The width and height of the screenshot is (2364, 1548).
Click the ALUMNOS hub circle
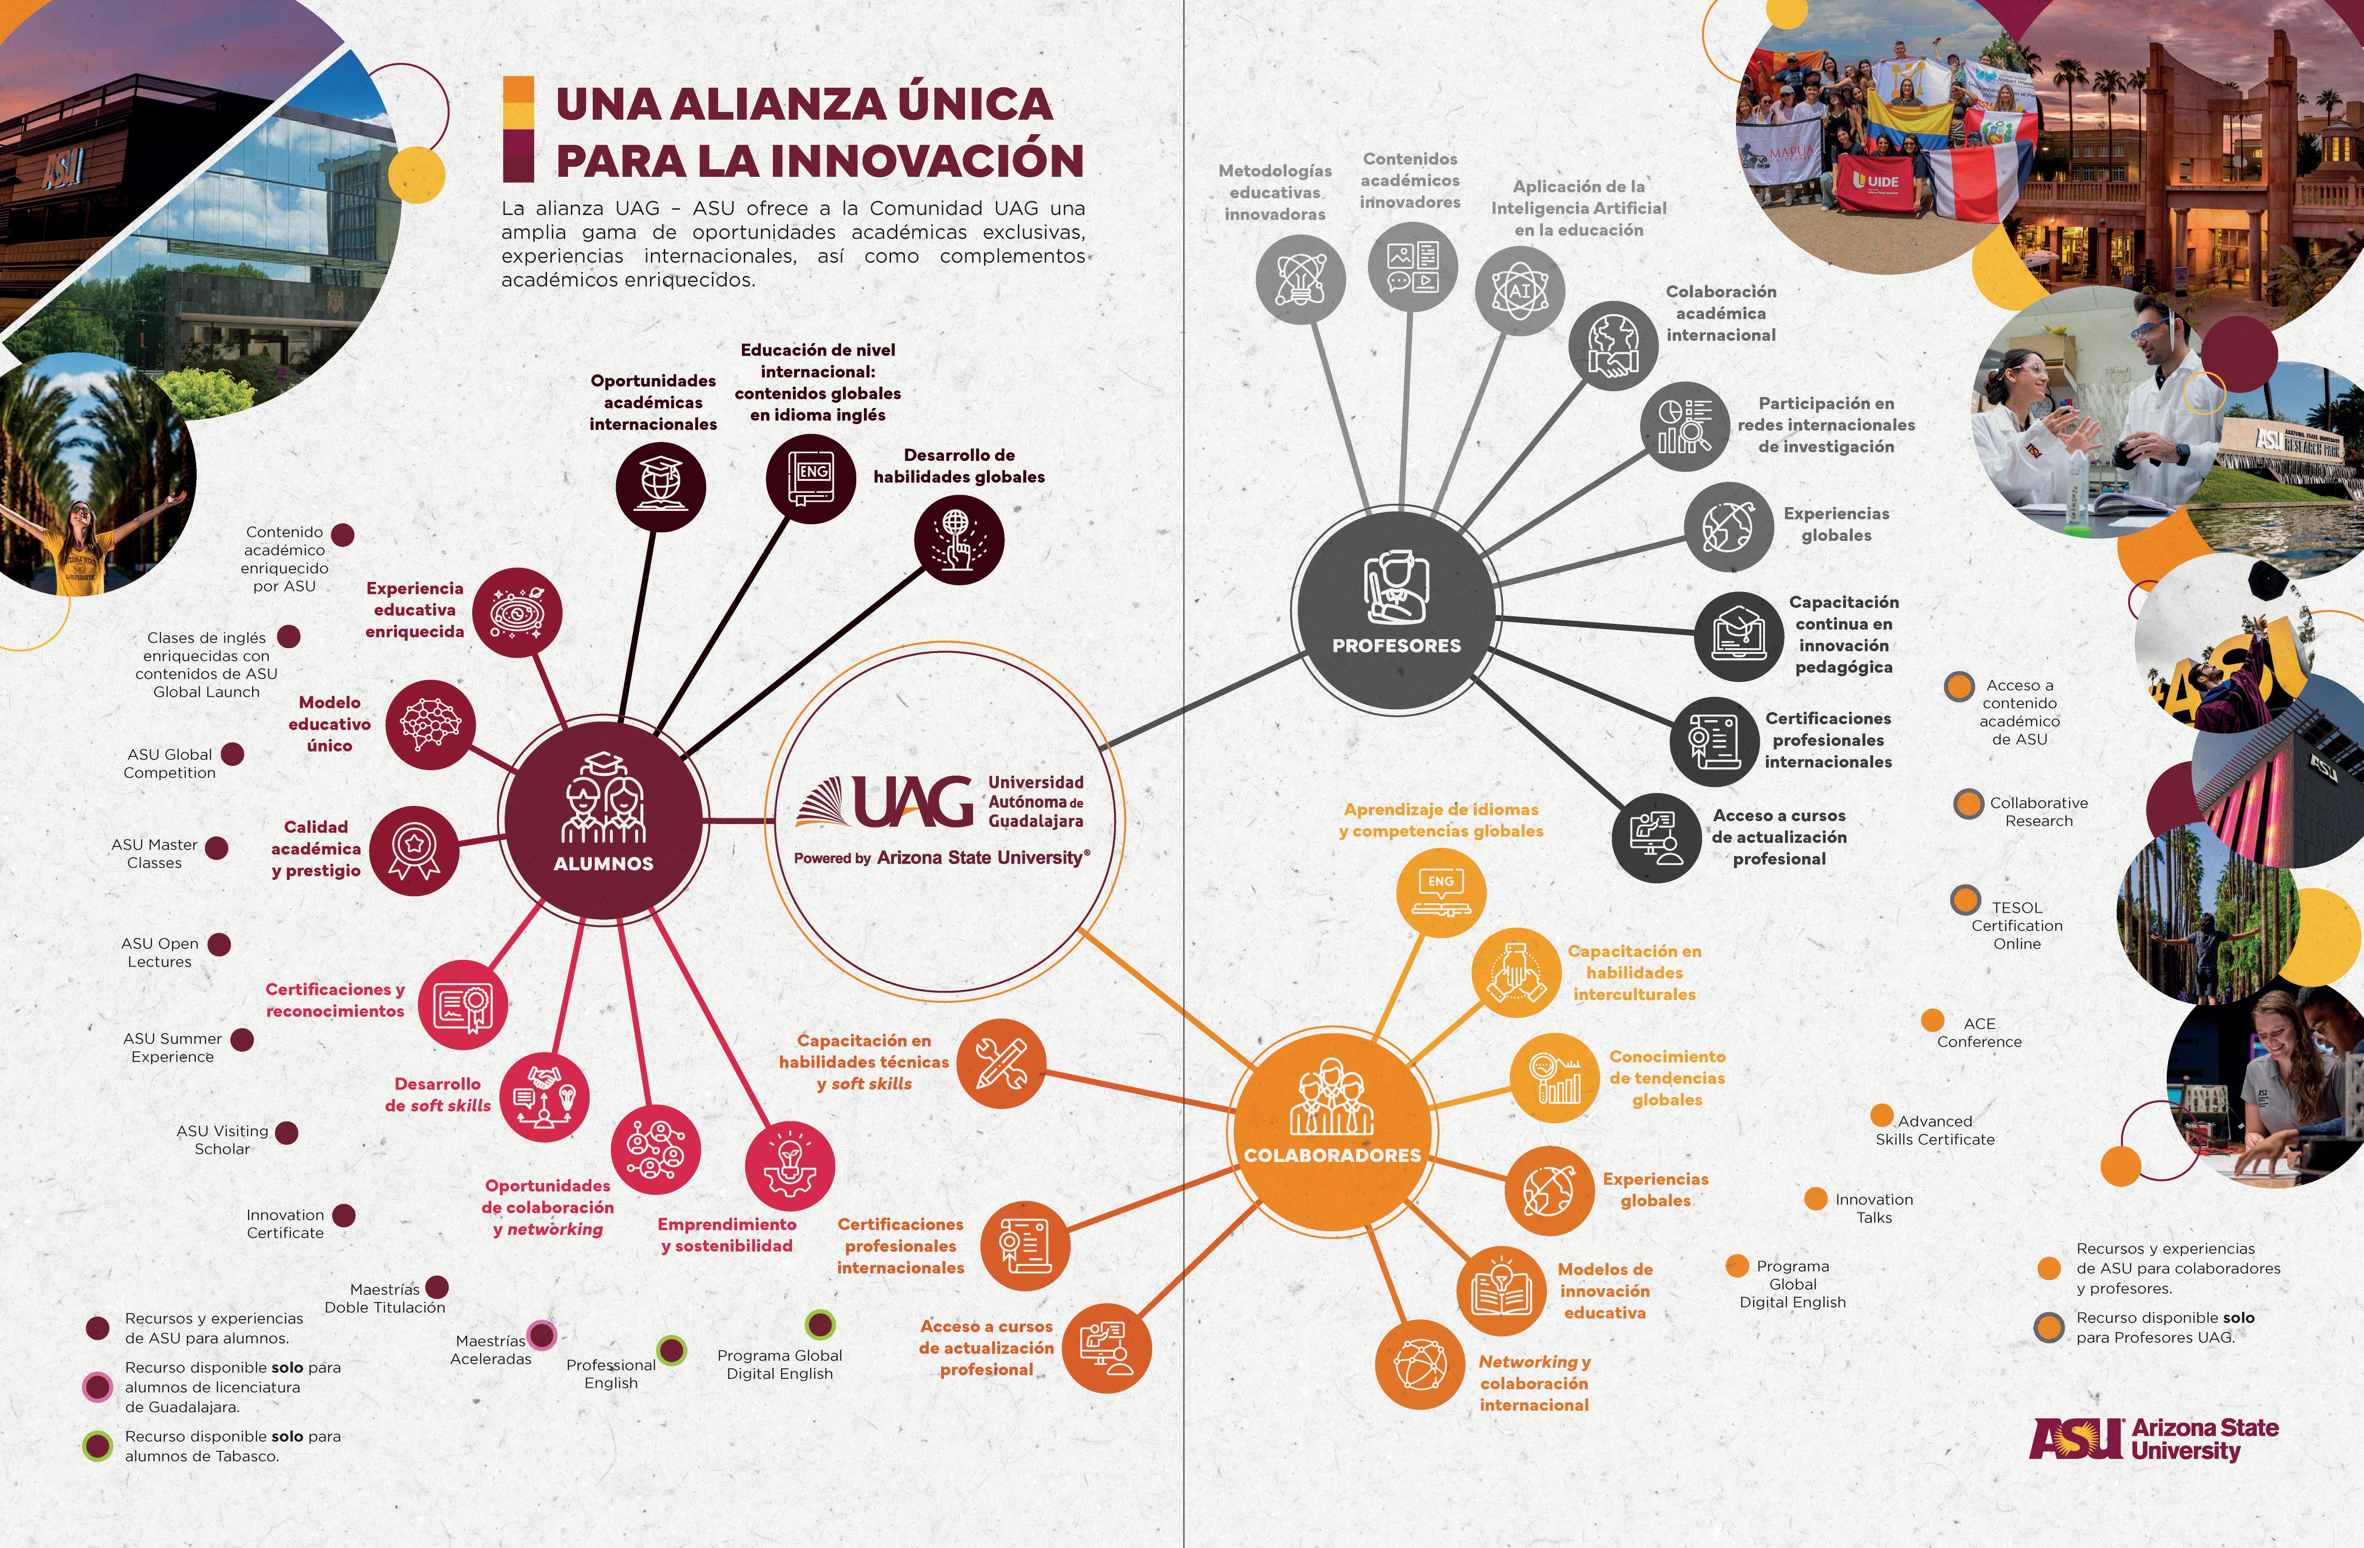pos(603,820)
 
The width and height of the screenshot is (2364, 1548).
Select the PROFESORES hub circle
pos(1396,606)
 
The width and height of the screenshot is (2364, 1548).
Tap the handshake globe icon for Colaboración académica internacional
pos(1612,346)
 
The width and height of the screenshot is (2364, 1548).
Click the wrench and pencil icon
pos(1001,1063)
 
